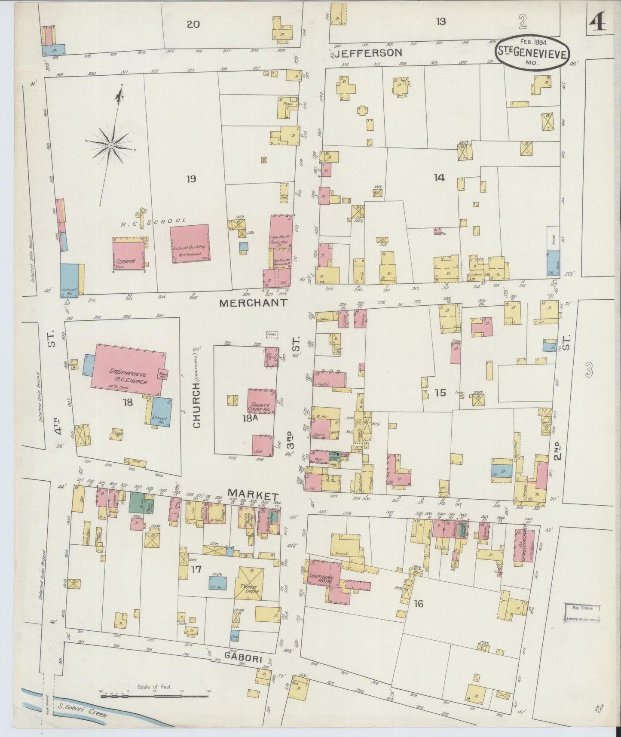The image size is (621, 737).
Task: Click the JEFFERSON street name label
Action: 368,53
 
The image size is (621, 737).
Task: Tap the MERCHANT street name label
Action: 253,303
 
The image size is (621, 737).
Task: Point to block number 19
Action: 191,178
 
